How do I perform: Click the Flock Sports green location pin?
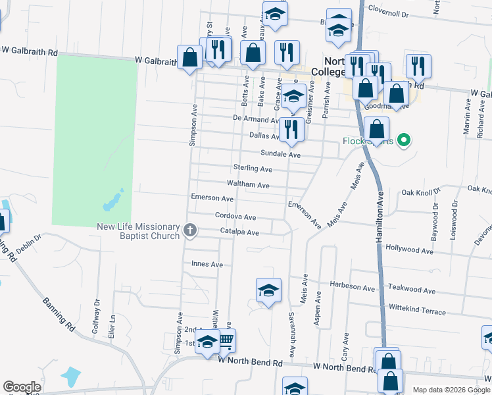click(405, 140)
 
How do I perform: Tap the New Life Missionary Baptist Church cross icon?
click(190, 230)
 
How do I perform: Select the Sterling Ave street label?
click(253, 169)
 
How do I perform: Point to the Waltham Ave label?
click(248, 186)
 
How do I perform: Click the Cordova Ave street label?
click(235, 216)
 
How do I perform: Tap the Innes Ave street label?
click(207, 265)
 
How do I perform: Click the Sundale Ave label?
click(280, 154)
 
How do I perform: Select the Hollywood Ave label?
click(410, 251)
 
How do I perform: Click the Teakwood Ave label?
click(412, 290)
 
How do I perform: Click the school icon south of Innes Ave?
click(268, 290)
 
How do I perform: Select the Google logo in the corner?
click(21, 387)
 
